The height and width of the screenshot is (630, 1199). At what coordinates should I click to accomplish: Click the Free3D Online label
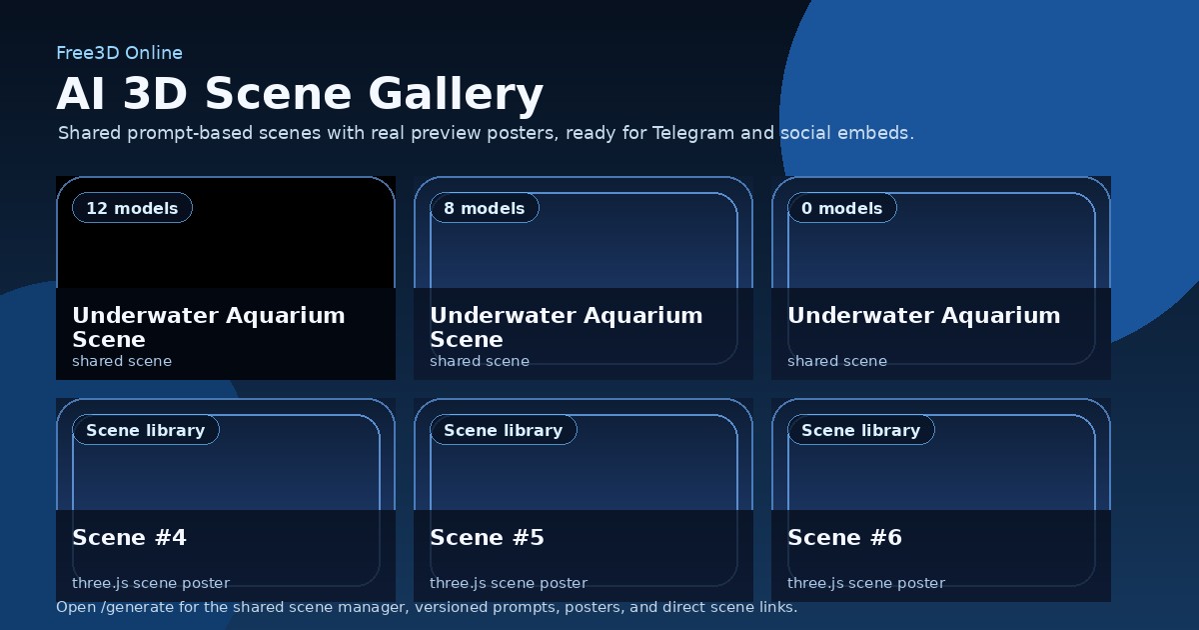coord(119,53)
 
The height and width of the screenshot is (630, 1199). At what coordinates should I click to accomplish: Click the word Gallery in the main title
coord(456,94)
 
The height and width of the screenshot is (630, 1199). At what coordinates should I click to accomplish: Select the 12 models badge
coord(132,208)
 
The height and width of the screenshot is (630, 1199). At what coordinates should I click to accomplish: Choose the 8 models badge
coord(485,208)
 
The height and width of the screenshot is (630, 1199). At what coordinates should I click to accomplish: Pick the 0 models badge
coord(842,208)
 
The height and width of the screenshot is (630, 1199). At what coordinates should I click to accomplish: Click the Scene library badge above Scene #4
coord(146,430)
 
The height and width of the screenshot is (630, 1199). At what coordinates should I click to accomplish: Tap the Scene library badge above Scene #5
coord(504,430)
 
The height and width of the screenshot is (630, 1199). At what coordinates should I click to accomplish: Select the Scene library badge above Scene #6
coord(861,430)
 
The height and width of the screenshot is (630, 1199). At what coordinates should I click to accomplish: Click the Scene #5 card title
coord(487,538)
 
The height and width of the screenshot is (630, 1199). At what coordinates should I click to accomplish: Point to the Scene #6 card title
coord(844,538)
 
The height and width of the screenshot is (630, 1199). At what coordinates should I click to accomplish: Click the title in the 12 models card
coord(208,327)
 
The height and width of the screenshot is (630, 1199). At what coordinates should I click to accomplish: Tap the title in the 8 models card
coord(566,327)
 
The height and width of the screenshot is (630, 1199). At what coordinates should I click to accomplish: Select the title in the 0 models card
coord(923,316)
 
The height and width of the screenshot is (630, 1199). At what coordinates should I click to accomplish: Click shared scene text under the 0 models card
coord(837,361)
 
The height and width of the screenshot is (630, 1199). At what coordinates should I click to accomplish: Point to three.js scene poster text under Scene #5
coord(509,583)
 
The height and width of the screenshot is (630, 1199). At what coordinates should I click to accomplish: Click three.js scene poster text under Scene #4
coord(151,583)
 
